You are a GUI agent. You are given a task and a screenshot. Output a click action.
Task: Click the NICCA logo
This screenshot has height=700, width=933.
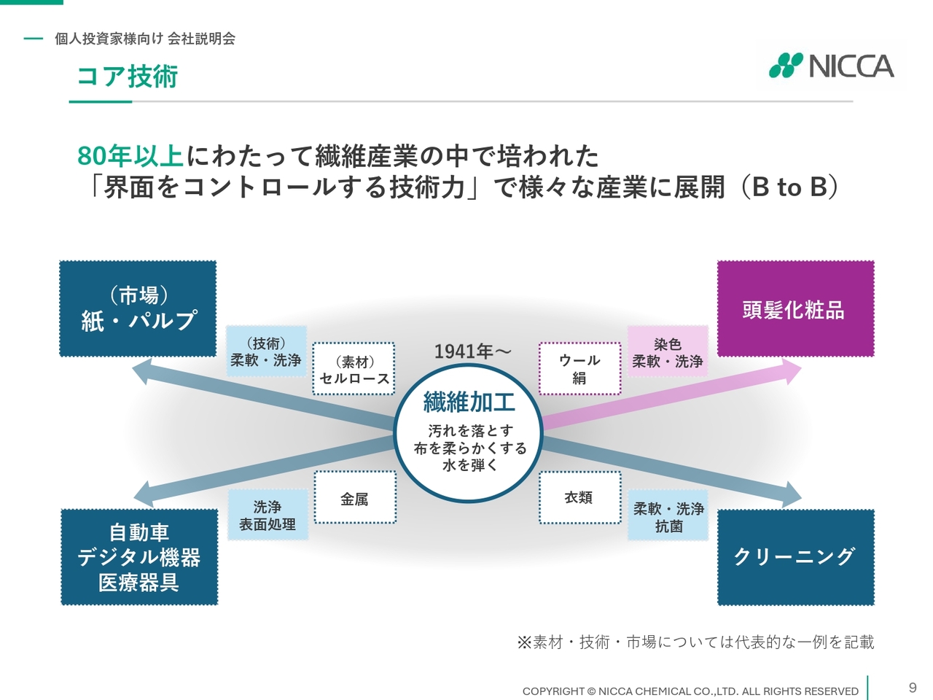[x=831, y=66]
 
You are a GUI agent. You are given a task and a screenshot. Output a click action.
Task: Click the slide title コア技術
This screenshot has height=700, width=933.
[x=128, y=77]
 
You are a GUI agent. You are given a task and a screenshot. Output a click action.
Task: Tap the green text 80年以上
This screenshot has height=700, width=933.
[x=130, y=155]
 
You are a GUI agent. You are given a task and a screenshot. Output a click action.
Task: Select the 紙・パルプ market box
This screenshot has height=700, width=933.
[x=138, y=308]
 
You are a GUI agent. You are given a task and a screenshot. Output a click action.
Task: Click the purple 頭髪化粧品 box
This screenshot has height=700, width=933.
[x=796, y=308]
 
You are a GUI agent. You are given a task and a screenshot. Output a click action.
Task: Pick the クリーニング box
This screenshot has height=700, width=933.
[x=796, y=557]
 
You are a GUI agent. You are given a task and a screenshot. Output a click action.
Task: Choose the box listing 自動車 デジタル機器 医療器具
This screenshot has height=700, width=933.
[x=139, y=557]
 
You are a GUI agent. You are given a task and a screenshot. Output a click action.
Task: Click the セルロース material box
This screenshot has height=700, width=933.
[x=354, y=369]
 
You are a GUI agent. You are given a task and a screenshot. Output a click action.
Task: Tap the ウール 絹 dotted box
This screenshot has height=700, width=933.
[x=579, y=369]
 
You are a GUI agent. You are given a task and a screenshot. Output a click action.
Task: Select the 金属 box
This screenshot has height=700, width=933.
[x=356, y=497]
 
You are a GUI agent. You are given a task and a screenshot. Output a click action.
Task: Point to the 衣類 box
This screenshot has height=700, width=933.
[x=579, y=497]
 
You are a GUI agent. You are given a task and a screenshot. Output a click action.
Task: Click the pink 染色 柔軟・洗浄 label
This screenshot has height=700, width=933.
[x=668, y=351]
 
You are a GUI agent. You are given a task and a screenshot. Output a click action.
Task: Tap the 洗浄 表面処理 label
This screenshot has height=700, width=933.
[x=268, y=515]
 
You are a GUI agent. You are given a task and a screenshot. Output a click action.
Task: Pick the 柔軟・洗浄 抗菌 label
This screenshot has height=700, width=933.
[x=668, y=516]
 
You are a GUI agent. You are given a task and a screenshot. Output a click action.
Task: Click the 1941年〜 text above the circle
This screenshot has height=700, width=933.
[x=472, y=351]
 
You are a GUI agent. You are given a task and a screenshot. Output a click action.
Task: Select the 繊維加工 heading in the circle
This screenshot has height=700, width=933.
[x=469, y=402]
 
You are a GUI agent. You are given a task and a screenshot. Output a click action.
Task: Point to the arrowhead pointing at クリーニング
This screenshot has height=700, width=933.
[x=791, y=494]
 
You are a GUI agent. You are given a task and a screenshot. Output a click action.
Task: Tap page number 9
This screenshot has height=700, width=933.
[x=912, y=688]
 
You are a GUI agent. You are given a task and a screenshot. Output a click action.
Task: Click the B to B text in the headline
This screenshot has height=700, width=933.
[x=789, y=187]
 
